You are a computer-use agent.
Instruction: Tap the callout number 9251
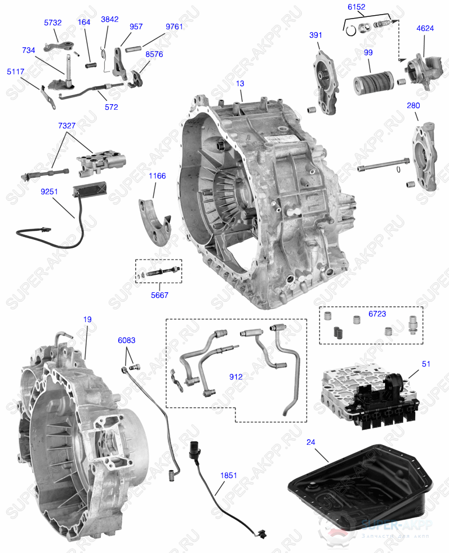[49, 191]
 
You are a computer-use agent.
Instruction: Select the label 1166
[157, 176]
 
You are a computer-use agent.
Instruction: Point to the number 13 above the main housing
[241, 83]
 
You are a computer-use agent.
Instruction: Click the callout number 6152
[356, 7]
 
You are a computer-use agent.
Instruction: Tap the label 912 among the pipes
[235, 377]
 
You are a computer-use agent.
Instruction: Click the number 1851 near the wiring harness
[228, 475]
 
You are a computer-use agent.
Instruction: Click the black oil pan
[361, 487]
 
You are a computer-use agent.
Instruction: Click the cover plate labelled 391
[325, 79]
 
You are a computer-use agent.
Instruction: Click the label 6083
[126, 340]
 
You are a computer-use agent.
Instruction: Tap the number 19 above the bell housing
[87, 319]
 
